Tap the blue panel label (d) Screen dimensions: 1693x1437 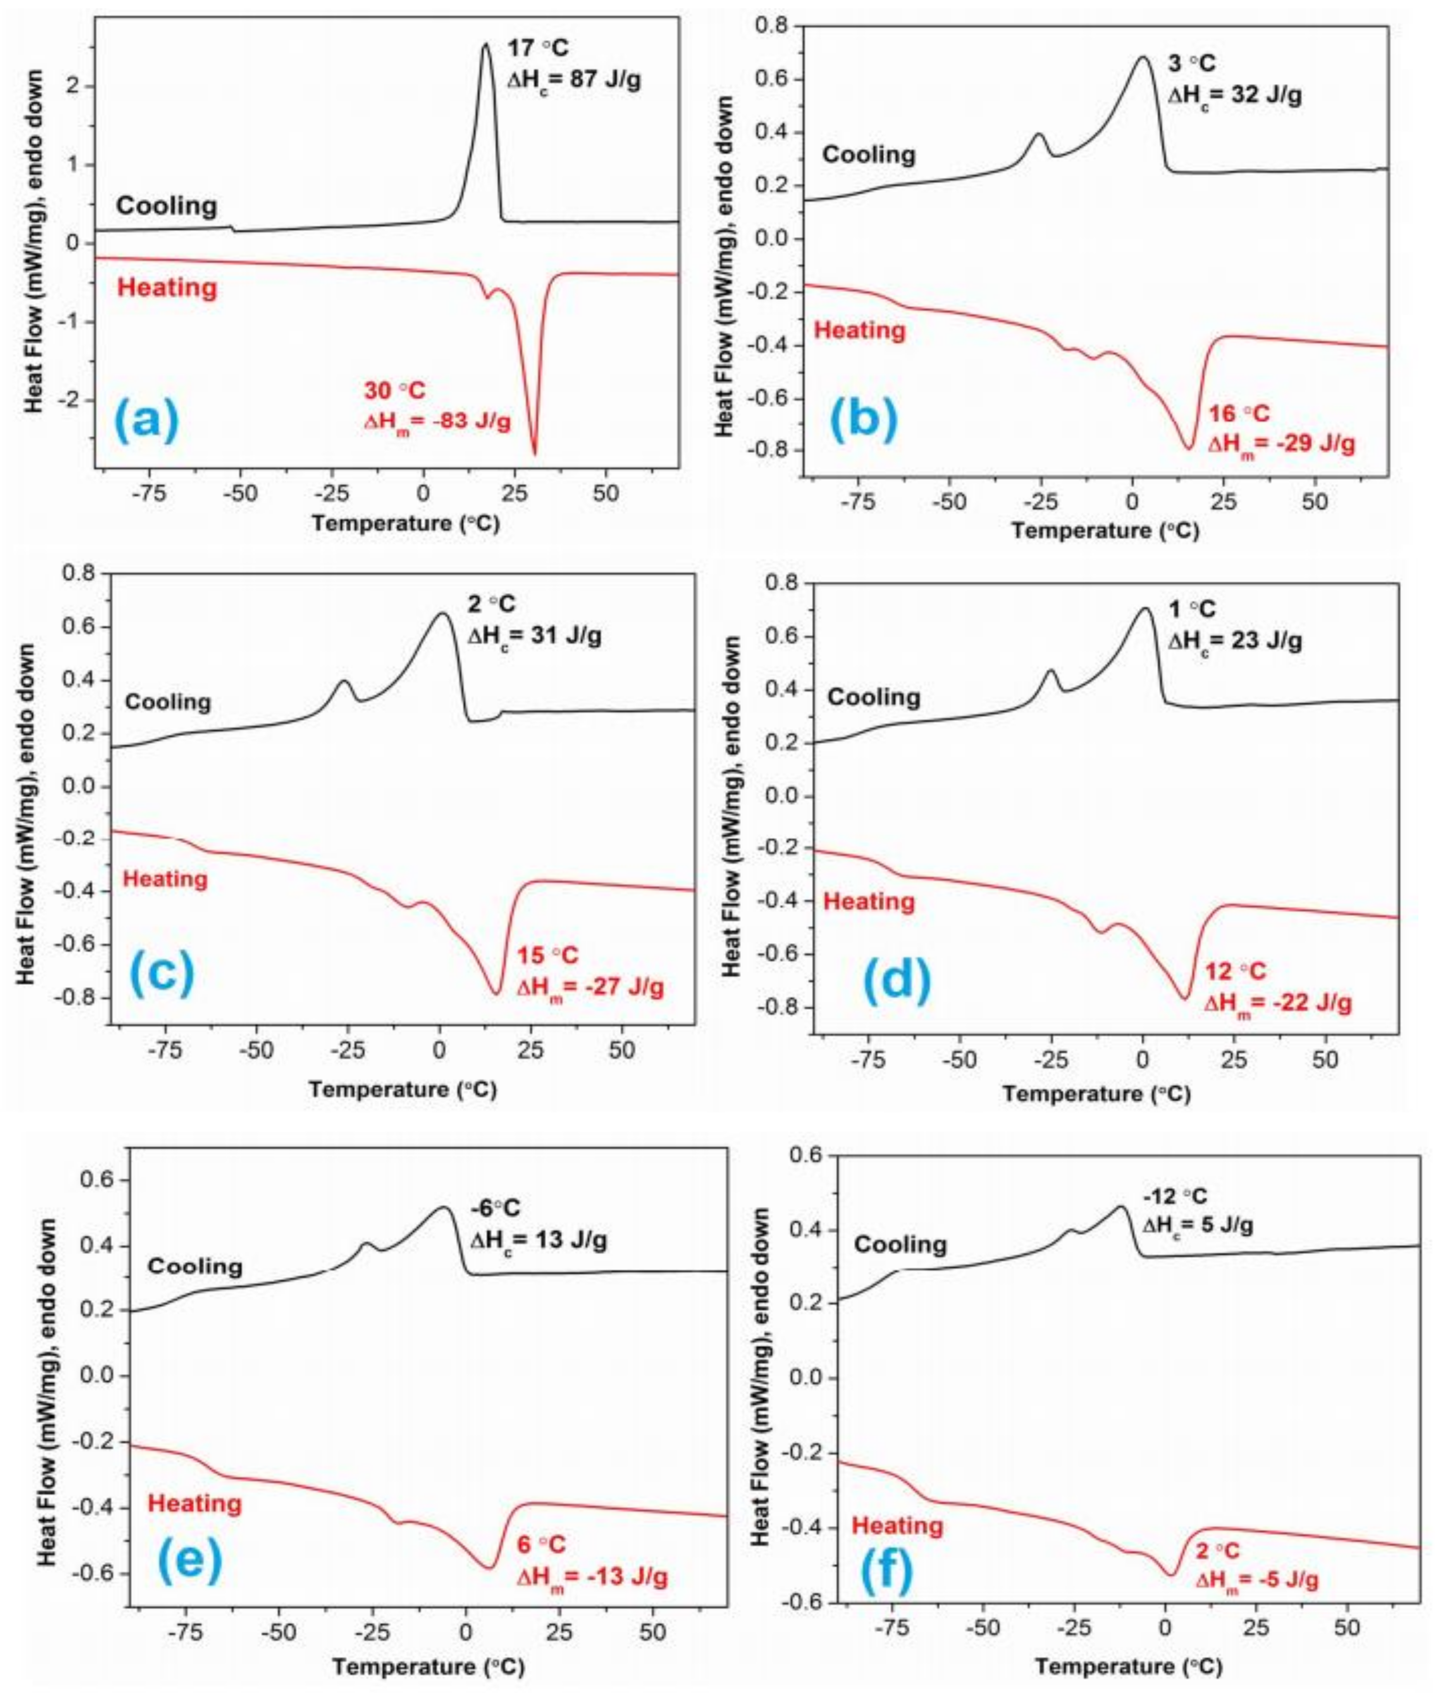click(898, 983)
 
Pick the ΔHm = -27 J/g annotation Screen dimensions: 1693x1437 click(591, 988)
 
